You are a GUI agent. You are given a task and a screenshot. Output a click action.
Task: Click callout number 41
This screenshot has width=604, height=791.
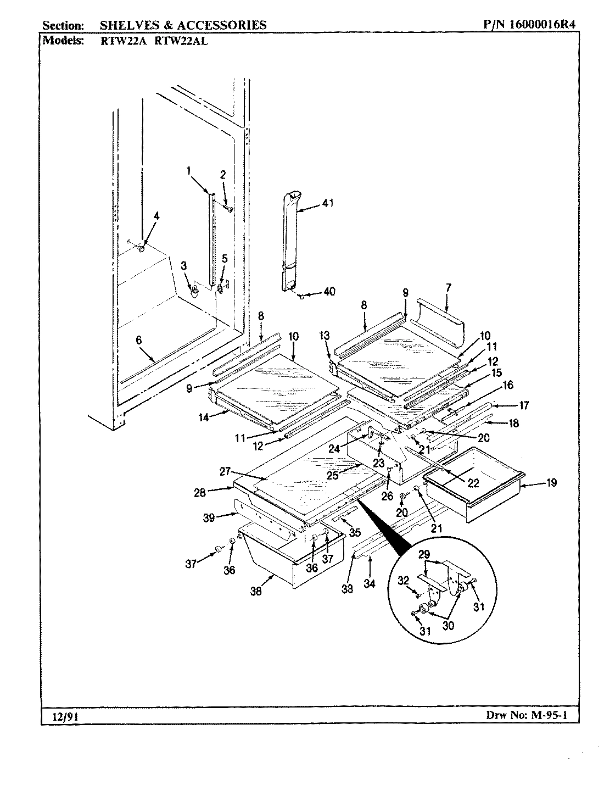click(327, 203)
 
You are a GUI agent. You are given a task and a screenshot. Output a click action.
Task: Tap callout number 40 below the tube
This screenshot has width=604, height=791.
click(329, 292)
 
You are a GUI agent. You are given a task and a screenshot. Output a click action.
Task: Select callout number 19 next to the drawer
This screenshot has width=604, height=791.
click(551, 483)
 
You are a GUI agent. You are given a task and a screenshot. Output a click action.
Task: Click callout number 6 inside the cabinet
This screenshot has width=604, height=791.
click(138, 341)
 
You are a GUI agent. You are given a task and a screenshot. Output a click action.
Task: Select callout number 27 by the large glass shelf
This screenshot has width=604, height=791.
click(226, 471)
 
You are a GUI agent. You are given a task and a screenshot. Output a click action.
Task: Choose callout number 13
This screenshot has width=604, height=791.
click(325, 336)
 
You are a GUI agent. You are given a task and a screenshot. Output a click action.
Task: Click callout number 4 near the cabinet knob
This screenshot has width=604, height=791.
click(156, 216)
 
